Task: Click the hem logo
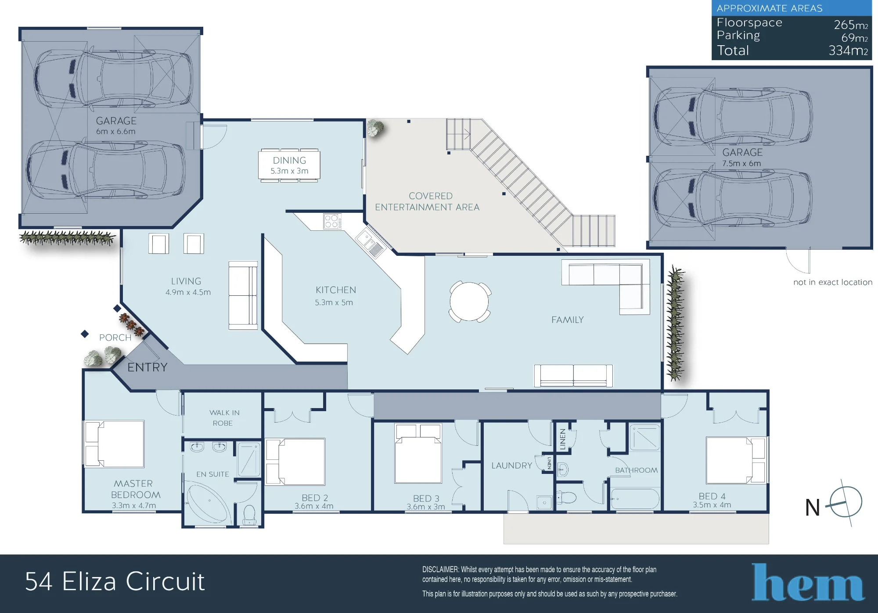point(808,582)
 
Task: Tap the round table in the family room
point(469,301)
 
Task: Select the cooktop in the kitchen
point(332,221)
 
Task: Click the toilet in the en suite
point(249,515)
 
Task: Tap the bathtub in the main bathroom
point(635,498)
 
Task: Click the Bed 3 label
point(426,498)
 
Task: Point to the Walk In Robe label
point(224,418)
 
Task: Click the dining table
point(289,165)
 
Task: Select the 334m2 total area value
point(848,50)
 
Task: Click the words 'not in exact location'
point(833,282)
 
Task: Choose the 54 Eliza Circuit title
point(115,582)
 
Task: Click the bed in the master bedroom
point(115,444)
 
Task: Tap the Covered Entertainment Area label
point(427,201)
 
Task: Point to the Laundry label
point(511,466)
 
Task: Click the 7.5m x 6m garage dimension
point(741,163)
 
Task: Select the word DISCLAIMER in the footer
point(440,570)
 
